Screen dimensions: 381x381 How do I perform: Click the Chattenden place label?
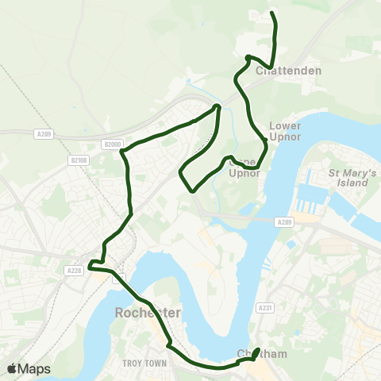[289, 71]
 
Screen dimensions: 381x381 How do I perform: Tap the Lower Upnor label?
[285, 130]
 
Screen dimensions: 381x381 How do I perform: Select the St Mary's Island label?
[348, 177]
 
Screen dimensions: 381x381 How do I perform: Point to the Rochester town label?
[148, 313]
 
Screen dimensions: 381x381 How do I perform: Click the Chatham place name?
[262, 355]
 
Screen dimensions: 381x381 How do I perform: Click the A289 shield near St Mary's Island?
[285, 222]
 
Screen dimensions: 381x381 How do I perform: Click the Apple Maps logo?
[29, 368]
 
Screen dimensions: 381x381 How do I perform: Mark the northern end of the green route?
[273, 13]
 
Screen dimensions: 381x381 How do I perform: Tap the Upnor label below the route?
[244, 173]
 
